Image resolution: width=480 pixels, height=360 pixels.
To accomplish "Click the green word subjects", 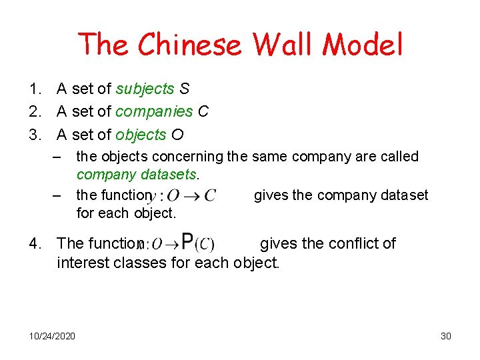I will click(x=145, y=89).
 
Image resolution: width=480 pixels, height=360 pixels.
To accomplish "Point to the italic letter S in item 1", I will click(x=185, y=89).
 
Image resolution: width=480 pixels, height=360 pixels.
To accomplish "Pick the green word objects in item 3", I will click(x=141, y=135).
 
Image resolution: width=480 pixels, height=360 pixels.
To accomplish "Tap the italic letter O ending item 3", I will click(x=177, y=135).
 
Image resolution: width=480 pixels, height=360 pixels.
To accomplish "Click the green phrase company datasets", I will click(x=137, y=175).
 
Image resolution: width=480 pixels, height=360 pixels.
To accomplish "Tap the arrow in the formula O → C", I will click(x=191, y=196).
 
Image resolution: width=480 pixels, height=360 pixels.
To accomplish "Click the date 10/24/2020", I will click(x=53, y=335).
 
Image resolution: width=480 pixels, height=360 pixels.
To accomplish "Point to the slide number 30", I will click(x=446, y=335).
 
